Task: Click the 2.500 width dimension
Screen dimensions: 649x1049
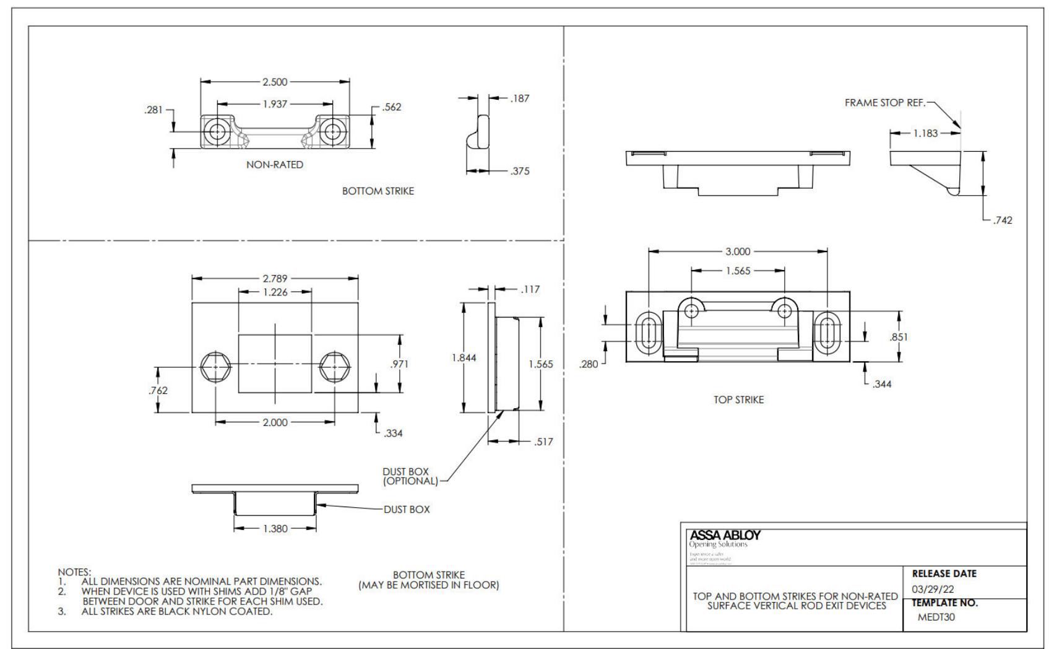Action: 275,82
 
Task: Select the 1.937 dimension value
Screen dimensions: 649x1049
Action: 275,104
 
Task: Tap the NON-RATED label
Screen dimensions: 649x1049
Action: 275,165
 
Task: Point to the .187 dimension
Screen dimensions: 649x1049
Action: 520,98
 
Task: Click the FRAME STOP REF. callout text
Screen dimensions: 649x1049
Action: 885,103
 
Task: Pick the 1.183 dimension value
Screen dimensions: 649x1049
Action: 925,133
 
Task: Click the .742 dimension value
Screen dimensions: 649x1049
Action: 1003,220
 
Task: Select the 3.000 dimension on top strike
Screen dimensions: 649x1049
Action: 738,251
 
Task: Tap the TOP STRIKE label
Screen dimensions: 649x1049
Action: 738,400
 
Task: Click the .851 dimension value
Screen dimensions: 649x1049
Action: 899,338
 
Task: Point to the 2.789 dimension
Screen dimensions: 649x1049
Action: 275,279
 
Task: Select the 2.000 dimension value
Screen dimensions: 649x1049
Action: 275,422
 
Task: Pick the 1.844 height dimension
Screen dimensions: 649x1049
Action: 464,358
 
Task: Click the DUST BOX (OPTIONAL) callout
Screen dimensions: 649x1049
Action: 410,476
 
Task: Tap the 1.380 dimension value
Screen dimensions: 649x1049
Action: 275,529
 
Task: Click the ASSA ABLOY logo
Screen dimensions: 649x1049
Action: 725,535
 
